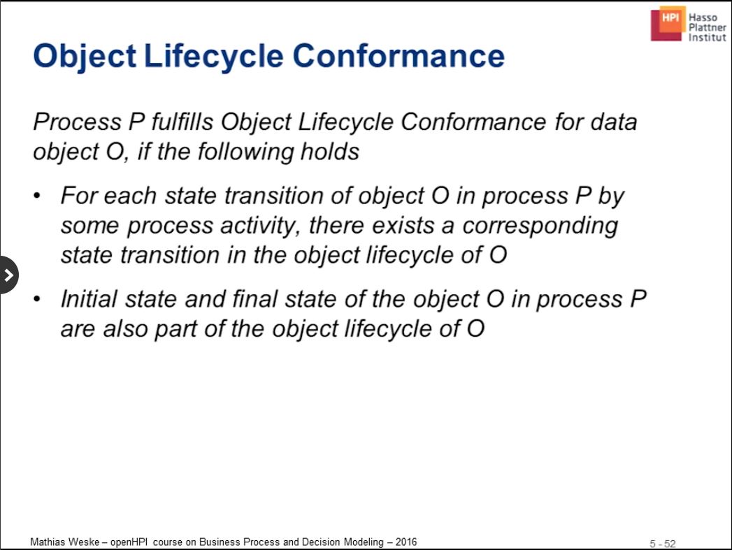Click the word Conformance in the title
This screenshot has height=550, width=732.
pyautogui.click(x=399, y=55)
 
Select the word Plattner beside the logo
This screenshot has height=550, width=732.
pyautogui.click(x=708, y=27)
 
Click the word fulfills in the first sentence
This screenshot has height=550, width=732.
pyautogui.click(x=182, y=122)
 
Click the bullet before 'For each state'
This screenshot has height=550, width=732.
pyautogui.click(x=37, y=196)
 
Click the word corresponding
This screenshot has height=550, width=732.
pyautogui.click(x=540, y=226)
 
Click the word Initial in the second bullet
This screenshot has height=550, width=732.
pyautogui.click(x=89, y=299)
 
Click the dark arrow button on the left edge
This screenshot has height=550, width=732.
pyautogui.click(x=8, y=275)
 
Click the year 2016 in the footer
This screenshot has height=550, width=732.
pyautogui.click(x=406, y=542)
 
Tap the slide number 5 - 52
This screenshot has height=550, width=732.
pyautogui.click(x=663, y=544)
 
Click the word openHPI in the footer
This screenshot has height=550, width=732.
pyautogui.click(x=129, y=542)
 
